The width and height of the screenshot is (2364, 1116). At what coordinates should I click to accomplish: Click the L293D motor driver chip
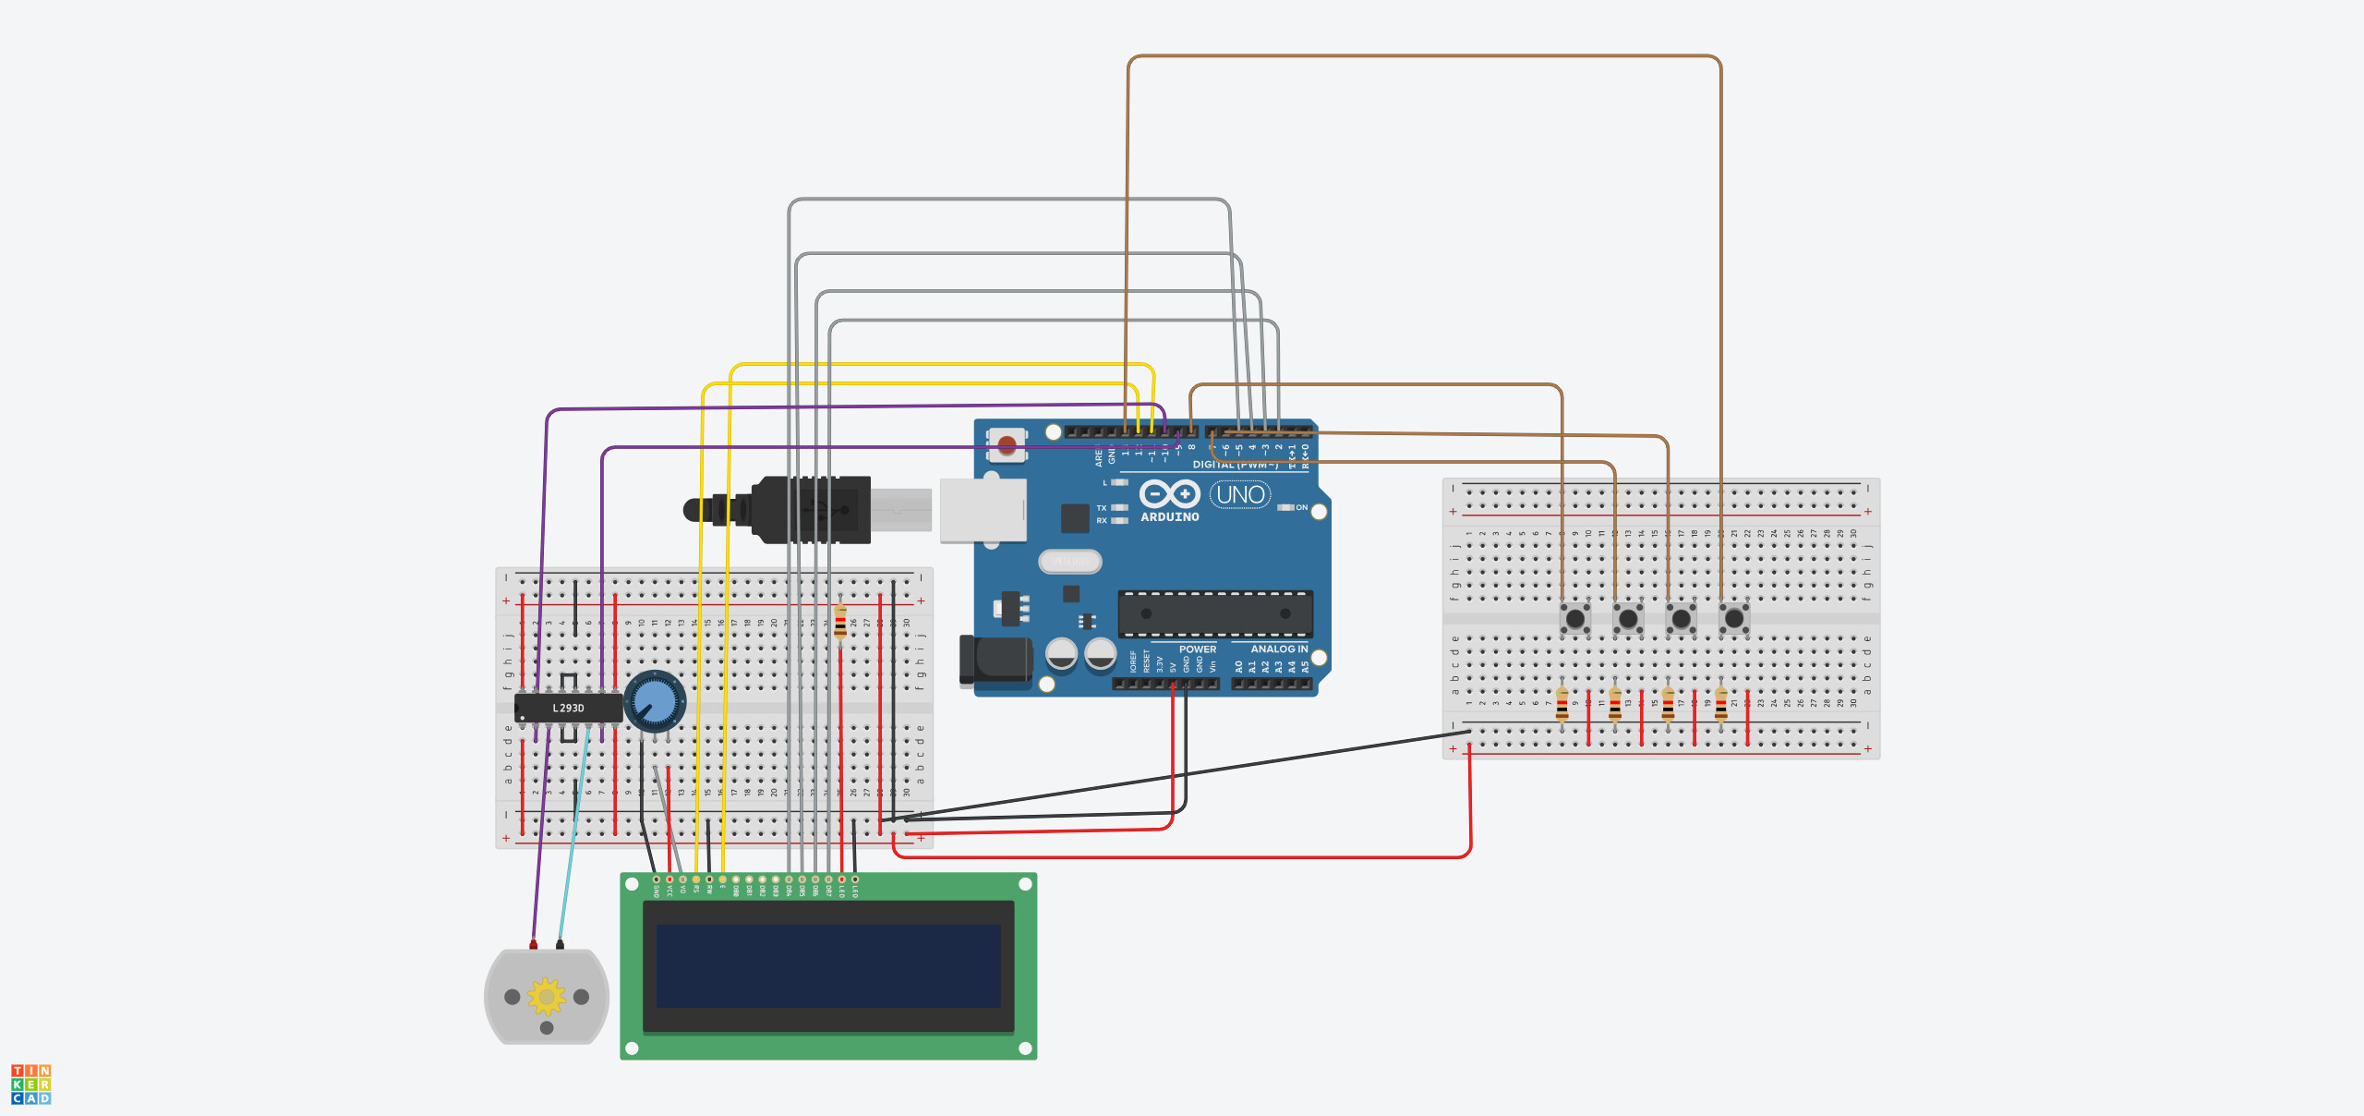pyautogui.click(x=568, y=709)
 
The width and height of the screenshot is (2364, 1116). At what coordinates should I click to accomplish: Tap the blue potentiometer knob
pyautogui.click(x=655, y=701)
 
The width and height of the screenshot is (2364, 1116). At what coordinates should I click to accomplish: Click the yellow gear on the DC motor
pyautogui.click(x=547, y=997)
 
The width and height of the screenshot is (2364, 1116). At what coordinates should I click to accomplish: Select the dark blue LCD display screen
pyautogui.click(x=828, y=966)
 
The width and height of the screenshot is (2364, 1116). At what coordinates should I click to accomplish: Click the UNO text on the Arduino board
pyautogui.click(x=1240, y=495)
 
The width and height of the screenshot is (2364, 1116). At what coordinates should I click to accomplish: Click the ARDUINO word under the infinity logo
pyautogui.click(x=1169, y=517)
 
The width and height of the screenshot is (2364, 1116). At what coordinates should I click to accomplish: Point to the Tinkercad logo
pyautogui.click(x=30, y=1085)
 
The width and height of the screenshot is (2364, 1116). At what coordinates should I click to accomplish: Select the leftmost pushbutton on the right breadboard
pyautogui.click(x=1575, y=618)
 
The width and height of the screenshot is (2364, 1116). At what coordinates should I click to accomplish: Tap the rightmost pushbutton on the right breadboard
pyautogui.click(x=1734, y=618)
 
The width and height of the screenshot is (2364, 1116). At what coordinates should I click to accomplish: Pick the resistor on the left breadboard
pyautogui.click(x=839, y=622)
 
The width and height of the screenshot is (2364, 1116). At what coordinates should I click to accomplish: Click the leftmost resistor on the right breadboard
pyautogui.click(x=1562, y=706)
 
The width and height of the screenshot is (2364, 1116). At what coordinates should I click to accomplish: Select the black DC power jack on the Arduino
pyautogui.click(x=997, y=661)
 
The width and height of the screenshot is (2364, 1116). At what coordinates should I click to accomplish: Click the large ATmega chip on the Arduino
pyautogui.click(x=1215, y=614)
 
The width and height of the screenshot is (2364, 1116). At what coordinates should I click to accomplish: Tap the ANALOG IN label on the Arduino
pyautogui.click(x=1278, y=649)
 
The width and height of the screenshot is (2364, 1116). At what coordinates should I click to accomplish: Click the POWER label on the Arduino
pyautogui.click(x=1197, y=649)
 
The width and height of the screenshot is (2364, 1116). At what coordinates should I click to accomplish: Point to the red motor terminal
pyautogui.click(x=533, y=945)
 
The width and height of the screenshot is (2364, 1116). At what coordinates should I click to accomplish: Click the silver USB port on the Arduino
pyautogui.click(x=983, y=510)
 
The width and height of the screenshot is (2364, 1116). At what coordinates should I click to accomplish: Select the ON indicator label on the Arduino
pyautogui.click(x=1301, y=507)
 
